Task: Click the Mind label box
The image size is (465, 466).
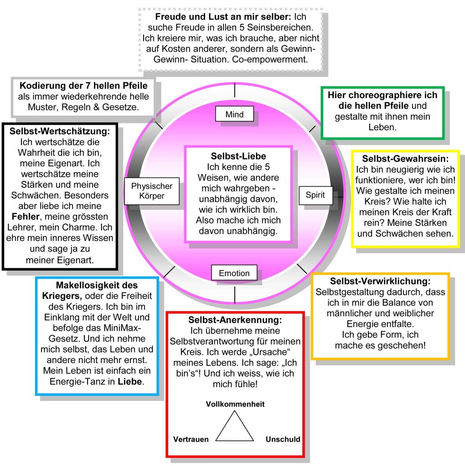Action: click(x=234, y=114)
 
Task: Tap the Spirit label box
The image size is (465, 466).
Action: click(x=315, y=195)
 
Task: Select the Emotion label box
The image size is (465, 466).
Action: click(x=234, y=273)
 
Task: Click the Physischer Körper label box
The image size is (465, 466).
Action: click(x=152, y=191)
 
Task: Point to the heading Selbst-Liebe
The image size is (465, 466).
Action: click(x=238, y=156)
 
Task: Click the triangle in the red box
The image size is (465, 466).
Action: click(x=234, y=427)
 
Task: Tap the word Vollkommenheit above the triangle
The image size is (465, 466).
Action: click(x=235, y=404)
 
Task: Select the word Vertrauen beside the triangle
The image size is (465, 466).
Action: click(x=191, y=439)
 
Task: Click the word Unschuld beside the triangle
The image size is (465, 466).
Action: click(x=283, y=439)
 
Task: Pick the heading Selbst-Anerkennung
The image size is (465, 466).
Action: click(x=235, y=320)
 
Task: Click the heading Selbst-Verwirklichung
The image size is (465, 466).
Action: click(x=381, y=281)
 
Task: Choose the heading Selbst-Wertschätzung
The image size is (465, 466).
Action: click(x=60, y=131)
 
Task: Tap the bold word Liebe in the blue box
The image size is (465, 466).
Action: click(x=130, y=381)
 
